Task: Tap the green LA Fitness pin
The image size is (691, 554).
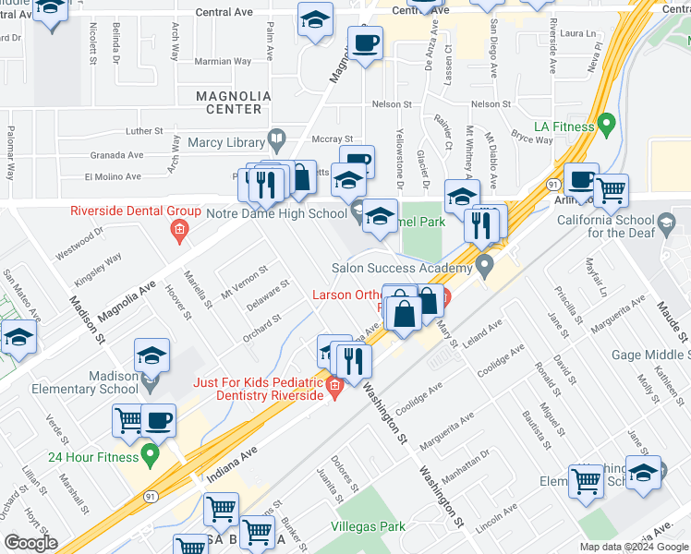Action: tap(606, 123)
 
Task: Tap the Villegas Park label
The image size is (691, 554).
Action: tap(368, 527)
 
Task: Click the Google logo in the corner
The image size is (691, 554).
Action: tap(30, 543)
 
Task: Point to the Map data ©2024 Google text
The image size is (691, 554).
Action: tap(634, 547)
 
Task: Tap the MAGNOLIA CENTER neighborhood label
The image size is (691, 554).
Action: tap(234, 102)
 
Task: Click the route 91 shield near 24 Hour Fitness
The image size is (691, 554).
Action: tap(150, 497)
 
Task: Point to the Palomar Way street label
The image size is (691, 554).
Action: tap(10, 150)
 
